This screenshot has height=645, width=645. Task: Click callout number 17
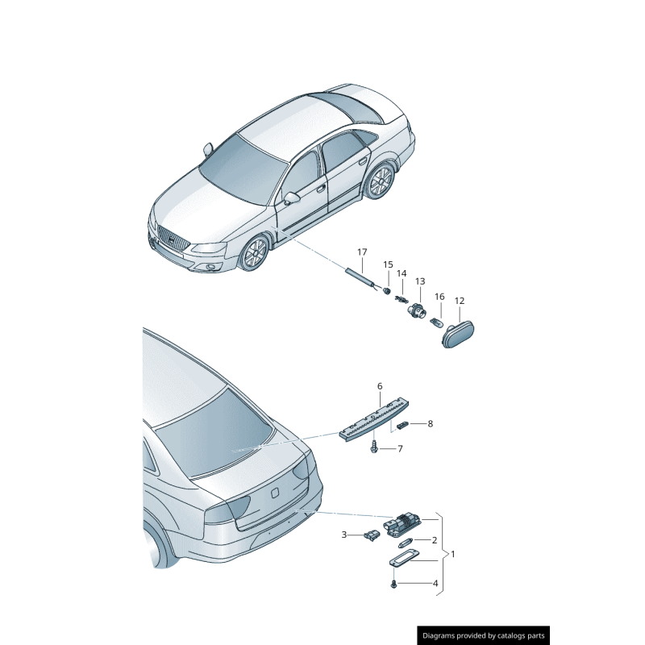362,252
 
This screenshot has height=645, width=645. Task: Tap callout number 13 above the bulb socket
420,281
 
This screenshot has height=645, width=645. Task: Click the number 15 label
388,264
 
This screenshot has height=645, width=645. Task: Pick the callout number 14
402,273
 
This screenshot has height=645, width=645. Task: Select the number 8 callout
431,423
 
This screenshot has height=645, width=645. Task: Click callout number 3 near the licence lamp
343,535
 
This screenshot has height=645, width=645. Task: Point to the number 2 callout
435,540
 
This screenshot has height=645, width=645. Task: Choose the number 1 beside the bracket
452,554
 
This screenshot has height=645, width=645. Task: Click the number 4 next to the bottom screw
435,583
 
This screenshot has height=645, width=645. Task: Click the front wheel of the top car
254,253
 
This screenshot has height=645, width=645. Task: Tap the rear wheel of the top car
378,183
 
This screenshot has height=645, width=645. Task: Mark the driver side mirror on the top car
291,198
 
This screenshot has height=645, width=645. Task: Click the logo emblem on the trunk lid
274,491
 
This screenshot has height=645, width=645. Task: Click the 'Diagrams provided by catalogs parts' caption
484,636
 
